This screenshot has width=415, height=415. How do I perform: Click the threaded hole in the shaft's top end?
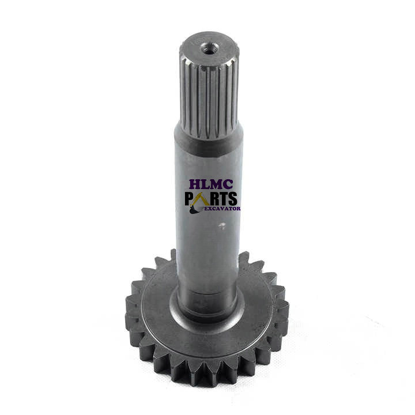[x=210, y=48]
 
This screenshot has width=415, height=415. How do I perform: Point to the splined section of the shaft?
[x=209, y=98]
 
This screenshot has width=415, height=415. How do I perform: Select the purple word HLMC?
[x=211, y=184]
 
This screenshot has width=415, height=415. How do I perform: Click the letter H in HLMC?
[x=195, y=184]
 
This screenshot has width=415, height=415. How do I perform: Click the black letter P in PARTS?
[x=190, y=198]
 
